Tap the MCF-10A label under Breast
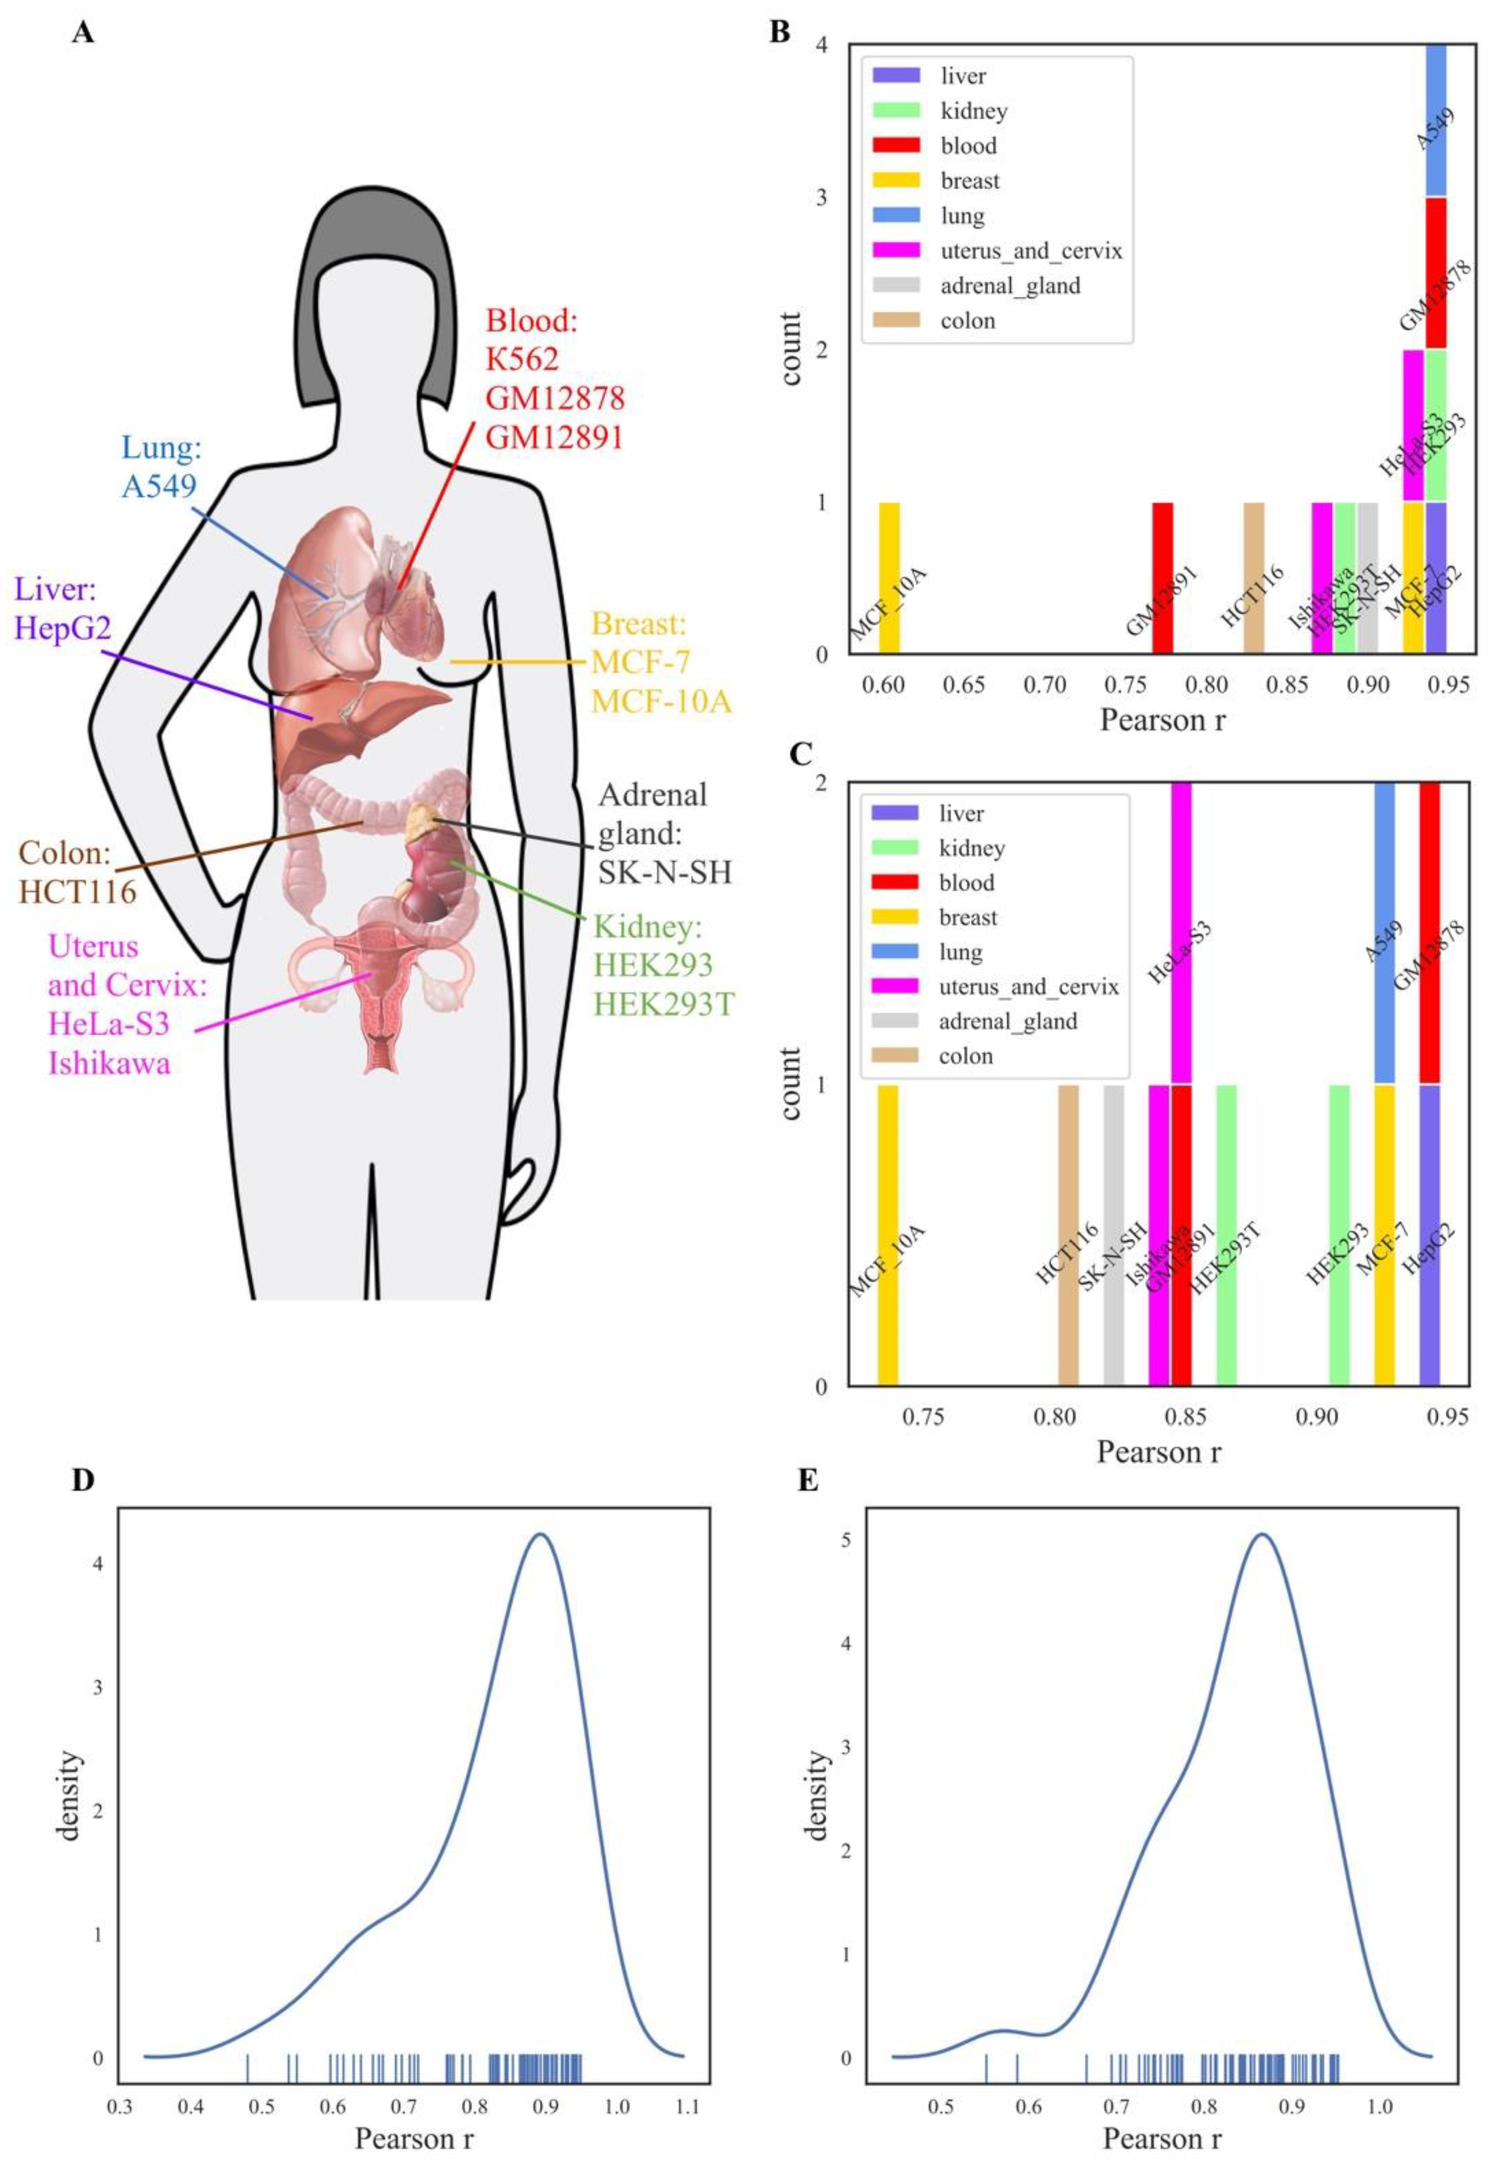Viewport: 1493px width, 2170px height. pos(661,701)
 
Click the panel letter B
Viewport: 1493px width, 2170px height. pos(779,33)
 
